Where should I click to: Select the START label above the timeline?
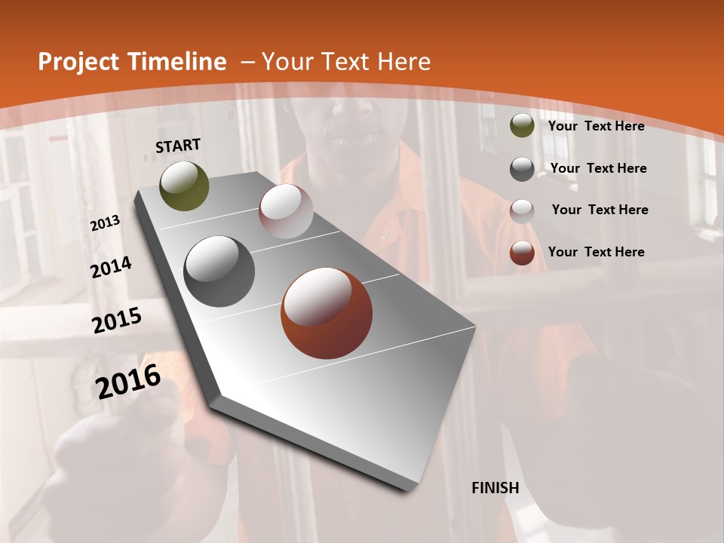(178, 146)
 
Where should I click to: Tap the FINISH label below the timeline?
(495, 488)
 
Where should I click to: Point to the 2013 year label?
(105, 223)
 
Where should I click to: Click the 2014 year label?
(111, 268)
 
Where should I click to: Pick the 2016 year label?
(129, 382)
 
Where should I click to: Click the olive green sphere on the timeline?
(184, 186)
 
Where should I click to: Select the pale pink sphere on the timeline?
(286, 211)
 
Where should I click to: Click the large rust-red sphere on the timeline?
(326, 313)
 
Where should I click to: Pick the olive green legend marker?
(522, 126)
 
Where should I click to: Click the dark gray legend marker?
(522, 168)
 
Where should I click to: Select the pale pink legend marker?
(522, 210)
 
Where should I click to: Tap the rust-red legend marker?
(522, 253)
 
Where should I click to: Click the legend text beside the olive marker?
(596, 126)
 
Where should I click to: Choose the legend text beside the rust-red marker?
(596, 252)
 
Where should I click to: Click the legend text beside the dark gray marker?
(598, 168)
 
